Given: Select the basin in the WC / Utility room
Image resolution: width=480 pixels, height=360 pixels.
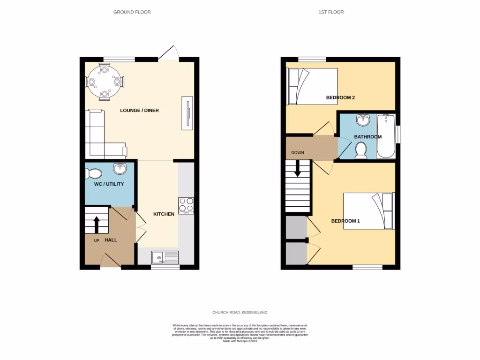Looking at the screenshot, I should click(x=120, y=168).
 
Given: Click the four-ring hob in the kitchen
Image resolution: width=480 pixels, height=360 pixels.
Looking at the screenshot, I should click(x=186, y=205).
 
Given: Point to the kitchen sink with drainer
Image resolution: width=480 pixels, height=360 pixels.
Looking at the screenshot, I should click(x=165, y=257).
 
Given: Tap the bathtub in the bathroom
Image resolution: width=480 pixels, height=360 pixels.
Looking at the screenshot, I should click(x=386, y=136).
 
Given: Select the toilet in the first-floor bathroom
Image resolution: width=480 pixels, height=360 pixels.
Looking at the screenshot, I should click(x=361, y=150).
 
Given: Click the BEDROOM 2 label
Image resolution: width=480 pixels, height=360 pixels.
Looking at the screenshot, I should click(x=340, y=97).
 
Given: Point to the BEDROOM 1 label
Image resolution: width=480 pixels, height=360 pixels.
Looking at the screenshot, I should click(x=345, y=221).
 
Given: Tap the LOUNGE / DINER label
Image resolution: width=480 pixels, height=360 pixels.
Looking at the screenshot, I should click(x=139, y=111).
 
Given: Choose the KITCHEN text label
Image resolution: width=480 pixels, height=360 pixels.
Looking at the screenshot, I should click(x=164, y=214).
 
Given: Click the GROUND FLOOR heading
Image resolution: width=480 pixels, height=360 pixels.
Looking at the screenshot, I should click(x=132, y=12).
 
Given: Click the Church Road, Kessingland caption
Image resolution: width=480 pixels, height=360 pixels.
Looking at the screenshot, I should click(x=240, y=312).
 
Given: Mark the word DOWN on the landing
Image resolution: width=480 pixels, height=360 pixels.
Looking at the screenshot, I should click(x=298, y=152).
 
